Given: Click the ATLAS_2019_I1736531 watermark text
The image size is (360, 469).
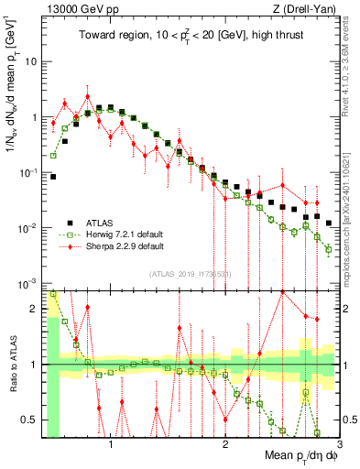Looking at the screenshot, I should (x=191, y=275).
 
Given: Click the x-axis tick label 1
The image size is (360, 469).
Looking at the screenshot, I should (x=111, y=446).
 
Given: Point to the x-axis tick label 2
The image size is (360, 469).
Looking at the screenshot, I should (x=224, y=446).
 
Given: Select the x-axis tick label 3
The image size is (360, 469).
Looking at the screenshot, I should (x=338, y=446).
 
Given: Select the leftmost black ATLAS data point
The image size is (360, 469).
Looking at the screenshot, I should (x=53, y=177).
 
